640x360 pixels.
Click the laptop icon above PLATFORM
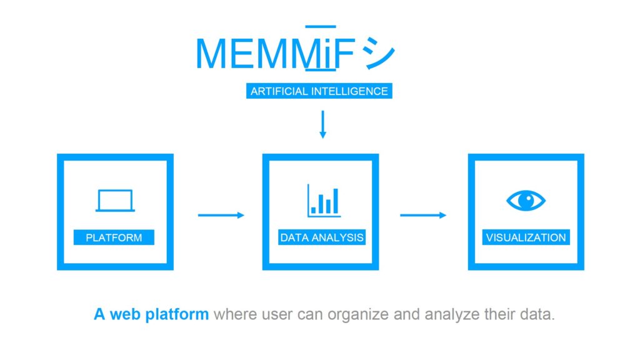(115, 201)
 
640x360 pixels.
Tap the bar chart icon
(324, 201)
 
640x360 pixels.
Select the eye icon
(526, 201)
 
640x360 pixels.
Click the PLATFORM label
(114, 237)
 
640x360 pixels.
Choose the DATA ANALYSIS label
(322, 237)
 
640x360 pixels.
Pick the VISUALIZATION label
(526, 237)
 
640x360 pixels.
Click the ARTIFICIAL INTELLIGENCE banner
(319, 91)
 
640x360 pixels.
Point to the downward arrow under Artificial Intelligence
(322, 124)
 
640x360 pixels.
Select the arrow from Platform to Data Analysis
(221, 216)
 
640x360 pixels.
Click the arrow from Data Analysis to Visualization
(423, 216)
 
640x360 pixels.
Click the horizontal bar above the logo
(320, 26)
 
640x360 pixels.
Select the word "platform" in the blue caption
(178, 314)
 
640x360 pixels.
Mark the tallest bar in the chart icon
(336, 201)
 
